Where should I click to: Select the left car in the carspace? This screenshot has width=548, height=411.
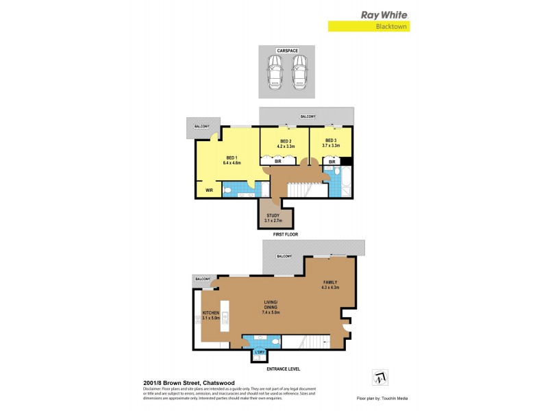(x=275, y=72)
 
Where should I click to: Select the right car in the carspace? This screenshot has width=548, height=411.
(x=299, y=72)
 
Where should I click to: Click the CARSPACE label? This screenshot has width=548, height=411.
(x=286, y=51)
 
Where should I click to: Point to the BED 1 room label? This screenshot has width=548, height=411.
(x=231, y=161)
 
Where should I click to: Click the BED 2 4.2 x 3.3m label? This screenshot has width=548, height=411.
(x=285, y=144)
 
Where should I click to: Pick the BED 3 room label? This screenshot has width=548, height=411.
(x=332, y=144)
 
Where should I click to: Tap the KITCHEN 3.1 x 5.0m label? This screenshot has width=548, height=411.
(x=210, y=315)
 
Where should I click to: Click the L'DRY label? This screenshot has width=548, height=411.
(x=259, y=353)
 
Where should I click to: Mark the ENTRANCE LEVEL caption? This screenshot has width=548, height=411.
(x=283, y=369)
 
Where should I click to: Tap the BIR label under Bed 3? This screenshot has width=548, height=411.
(x=332, y=162)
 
